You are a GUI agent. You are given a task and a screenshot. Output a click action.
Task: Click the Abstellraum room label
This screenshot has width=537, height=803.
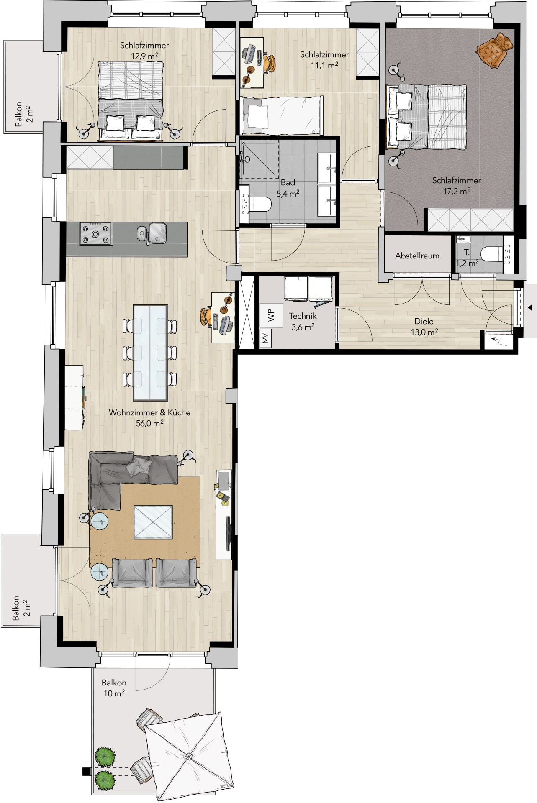coord(417,256)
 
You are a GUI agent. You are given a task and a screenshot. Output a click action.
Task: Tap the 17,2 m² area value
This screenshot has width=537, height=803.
coord(457,191)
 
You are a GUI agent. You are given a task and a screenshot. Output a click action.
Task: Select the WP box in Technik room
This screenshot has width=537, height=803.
coord(271,315)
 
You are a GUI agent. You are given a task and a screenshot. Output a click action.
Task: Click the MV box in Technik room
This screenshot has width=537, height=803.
coord(266,338)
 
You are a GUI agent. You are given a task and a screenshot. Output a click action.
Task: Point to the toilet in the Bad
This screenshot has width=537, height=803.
coord(260,204)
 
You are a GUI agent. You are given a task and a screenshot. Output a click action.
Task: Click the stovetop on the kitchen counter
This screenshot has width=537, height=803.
coord(96,234)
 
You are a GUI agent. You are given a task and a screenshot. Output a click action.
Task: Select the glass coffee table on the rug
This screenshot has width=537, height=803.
coord(153,522)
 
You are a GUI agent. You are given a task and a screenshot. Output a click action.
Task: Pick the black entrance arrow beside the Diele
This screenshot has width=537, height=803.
coord(530,308)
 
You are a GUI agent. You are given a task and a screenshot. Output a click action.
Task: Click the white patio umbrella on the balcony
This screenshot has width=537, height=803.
coord(188,757)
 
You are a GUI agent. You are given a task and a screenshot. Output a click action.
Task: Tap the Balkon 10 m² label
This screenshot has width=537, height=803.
coord(114,688)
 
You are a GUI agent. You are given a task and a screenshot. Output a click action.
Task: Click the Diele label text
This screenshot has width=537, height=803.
coord(424,321)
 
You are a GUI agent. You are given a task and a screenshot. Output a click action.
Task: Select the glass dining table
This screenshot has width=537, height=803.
coord(151,353)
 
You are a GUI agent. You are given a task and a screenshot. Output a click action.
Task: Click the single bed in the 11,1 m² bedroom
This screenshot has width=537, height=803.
coord(282,116)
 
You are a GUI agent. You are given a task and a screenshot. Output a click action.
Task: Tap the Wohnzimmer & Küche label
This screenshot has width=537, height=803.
coord(149,412)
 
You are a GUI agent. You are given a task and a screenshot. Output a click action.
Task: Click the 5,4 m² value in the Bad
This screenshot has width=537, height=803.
coord(288,194)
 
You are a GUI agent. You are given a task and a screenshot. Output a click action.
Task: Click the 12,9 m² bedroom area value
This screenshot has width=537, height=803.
coord(144,56)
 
